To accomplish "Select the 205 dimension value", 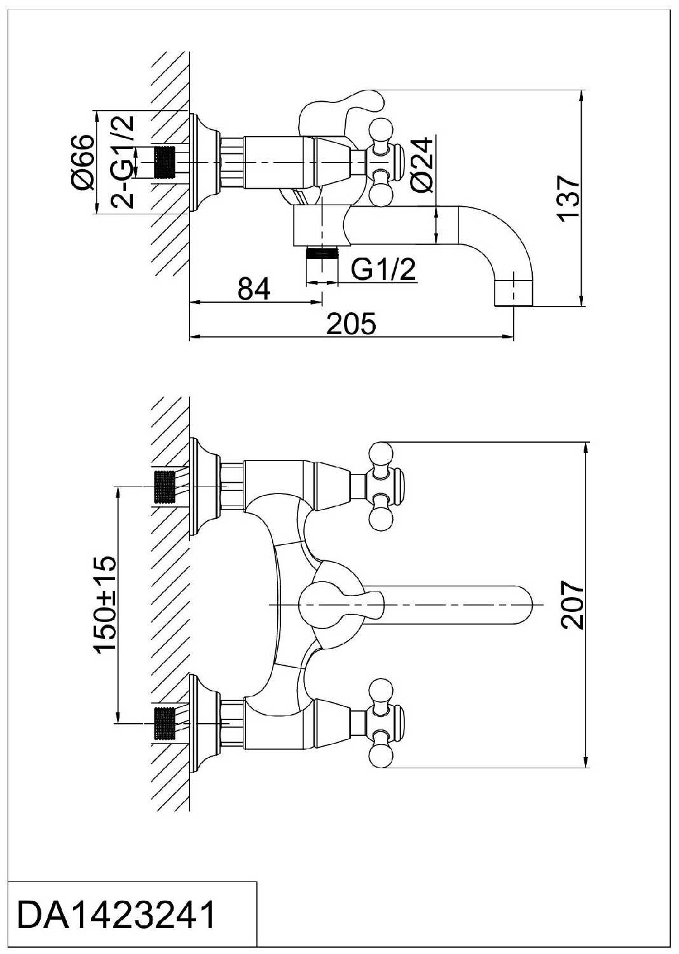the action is click(351, 324).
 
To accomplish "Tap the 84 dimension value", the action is click(254, 289).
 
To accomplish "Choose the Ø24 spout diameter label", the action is click(422, 165).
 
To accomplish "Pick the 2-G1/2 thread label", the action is click(123, 162).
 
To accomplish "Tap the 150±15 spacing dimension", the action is click(105, 604).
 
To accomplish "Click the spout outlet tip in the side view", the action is click(514, 293).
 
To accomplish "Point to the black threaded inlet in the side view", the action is click(164, 163).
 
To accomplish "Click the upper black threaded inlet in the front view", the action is click(164, 487).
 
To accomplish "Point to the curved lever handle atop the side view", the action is click(341, 109).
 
